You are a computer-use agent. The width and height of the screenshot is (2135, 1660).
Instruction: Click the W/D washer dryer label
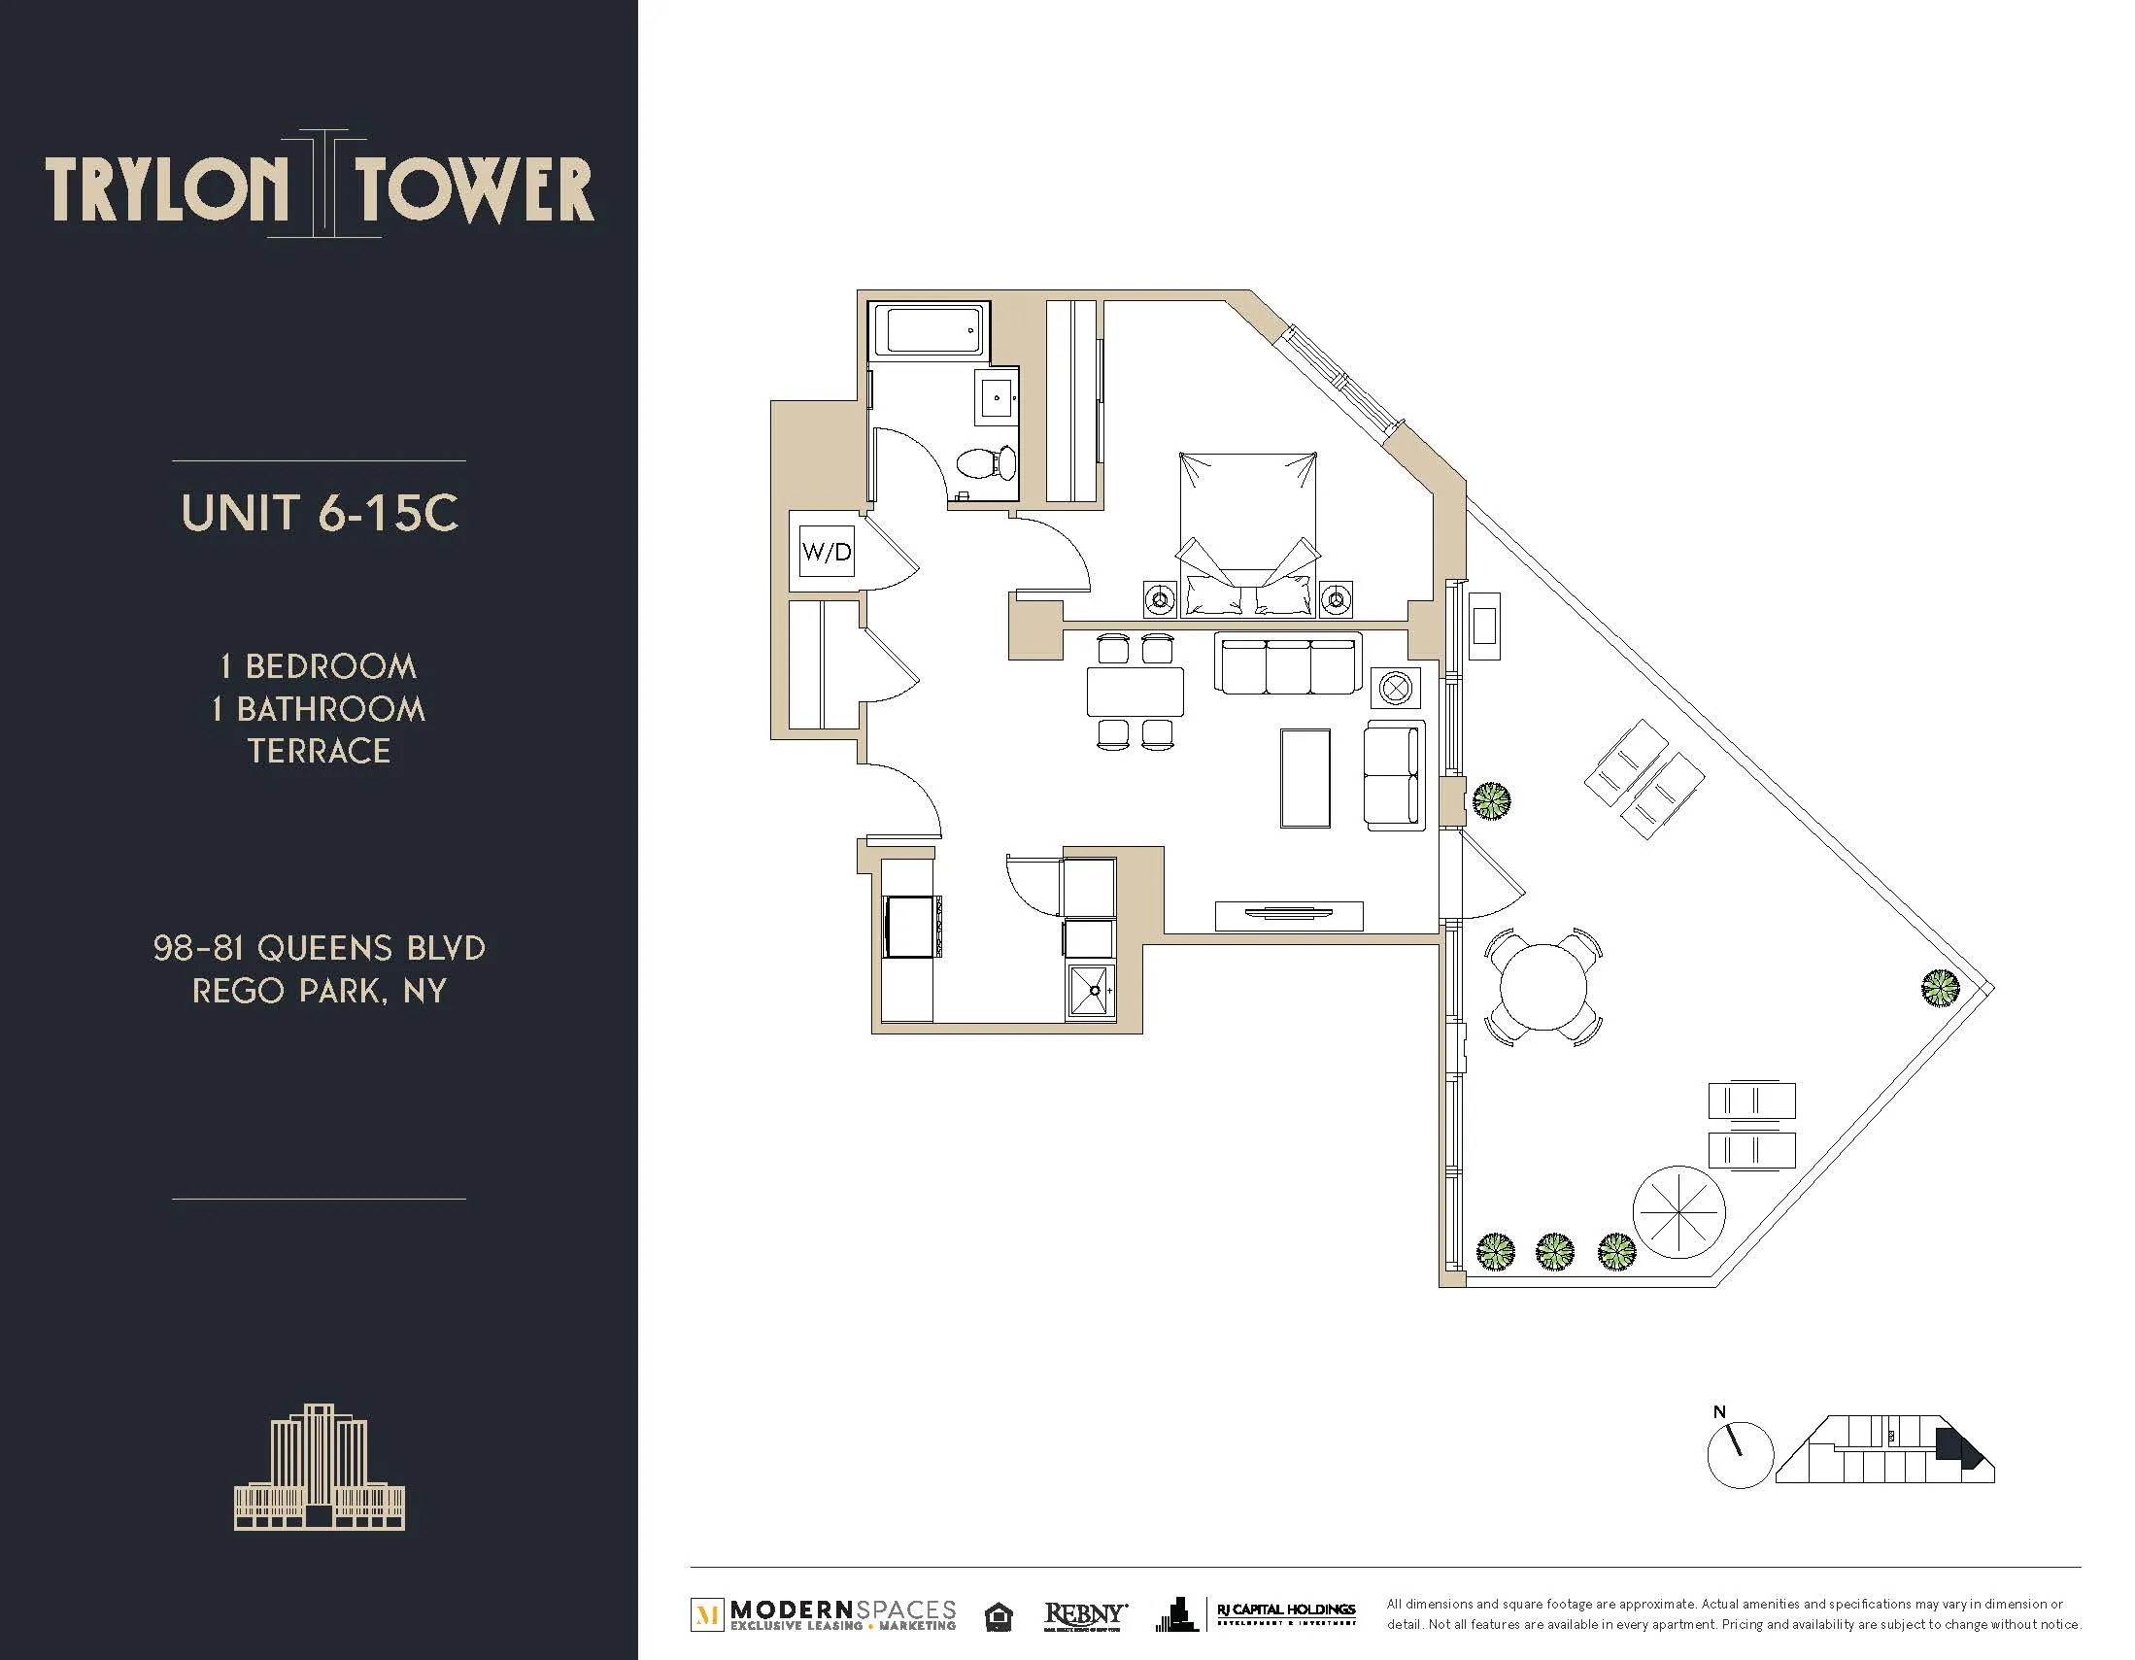(x=826, y=552)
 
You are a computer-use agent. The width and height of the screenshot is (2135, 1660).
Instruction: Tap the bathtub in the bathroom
(x=928, y=330)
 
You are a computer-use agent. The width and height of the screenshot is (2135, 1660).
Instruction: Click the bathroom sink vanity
(x=997, y=396)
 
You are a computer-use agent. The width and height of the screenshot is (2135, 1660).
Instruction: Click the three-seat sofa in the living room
(x=1287, y=662)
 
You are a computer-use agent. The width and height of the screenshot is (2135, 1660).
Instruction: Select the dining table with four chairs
(x=1135, y=692)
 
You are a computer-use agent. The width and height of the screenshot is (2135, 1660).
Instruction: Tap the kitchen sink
(x=1090, y=992)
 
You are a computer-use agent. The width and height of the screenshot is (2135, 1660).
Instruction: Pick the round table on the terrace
(x=1543, y=987)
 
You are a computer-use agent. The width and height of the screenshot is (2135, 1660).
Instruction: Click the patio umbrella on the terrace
(x=1677, y=1212)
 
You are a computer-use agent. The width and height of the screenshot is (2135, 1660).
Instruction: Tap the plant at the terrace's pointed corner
(x=1940, y=988)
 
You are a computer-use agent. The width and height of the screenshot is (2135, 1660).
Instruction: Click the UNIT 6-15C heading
(x=320, y=512)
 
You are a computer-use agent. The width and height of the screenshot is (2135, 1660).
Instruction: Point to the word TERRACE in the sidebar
(x=319, y=751)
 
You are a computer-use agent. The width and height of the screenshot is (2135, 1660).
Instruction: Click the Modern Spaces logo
(x=824, y=1614)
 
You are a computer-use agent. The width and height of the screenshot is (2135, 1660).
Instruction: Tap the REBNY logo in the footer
(x=1085, y=1615)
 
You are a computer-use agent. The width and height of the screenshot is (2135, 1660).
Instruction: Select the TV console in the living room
(x=1288, y=914)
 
